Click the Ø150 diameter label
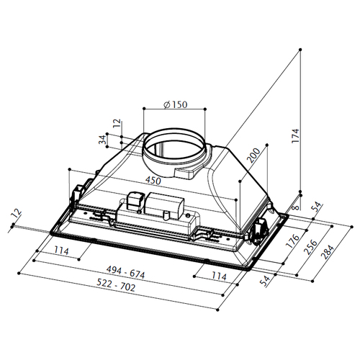175,104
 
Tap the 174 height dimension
296,136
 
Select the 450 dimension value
153,181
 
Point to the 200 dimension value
253,156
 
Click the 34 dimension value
102,140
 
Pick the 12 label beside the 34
117,123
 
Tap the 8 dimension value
297,207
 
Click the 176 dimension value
292,241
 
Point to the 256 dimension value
310,247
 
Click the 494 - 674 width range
126,272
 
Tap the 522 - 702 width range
116,284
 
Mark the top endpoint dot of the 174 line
300,50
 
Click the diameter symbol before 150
166,105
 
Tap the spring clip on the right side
261,230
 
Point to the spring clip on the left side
77,192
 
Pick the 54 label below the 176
265,281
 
